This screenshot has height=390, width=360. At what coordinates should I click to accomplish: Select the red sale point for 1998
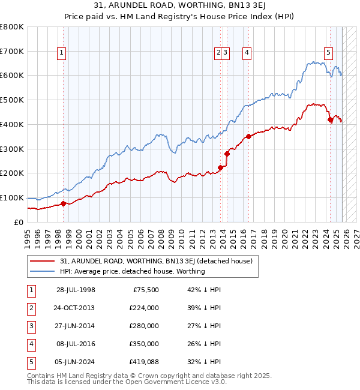63,203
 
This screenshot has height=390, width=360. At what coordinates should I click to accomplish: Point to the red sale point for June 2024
329,119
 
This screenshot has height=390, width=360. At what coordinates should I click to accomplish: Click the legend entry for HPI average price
132,271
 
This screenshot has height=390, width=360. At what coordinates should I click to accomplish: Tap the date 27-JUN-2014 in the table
76,326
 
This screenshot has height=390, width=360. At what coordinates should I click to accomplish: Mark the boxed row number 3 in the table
31,326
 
